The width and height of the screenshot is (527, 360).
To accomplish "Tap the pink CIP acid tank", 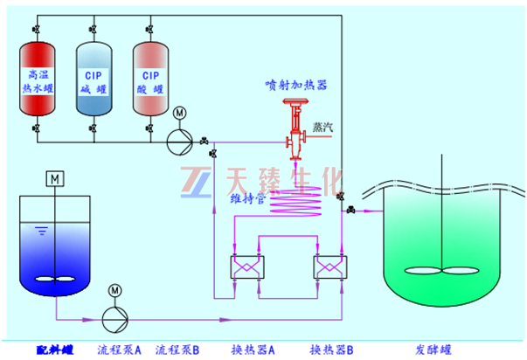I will point(150,81).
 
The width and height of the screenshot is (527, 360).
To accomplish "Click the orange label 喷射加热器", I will point(295,86).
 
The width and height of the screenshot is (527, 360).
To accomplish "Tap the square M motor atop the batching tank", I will point(54,179).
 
